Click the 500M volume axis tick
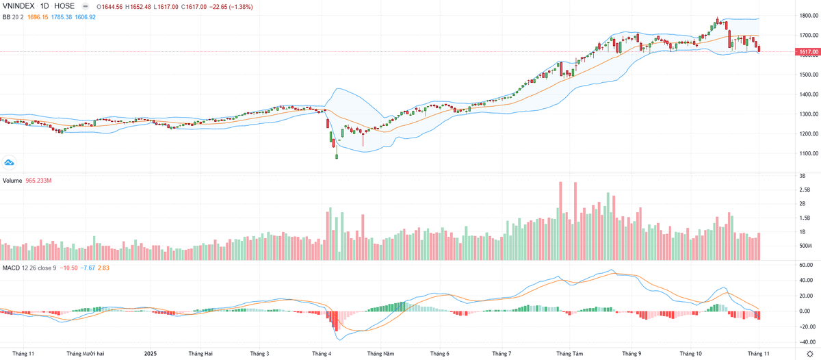coord(806,246)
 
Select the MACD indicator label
coord(11,268)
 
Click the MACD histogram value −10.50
coord(69,268)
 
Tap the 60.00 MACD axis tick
coord(805,264)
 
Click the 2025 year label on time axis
coord(152,353)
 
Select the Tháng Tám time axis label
coord(569,353)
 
